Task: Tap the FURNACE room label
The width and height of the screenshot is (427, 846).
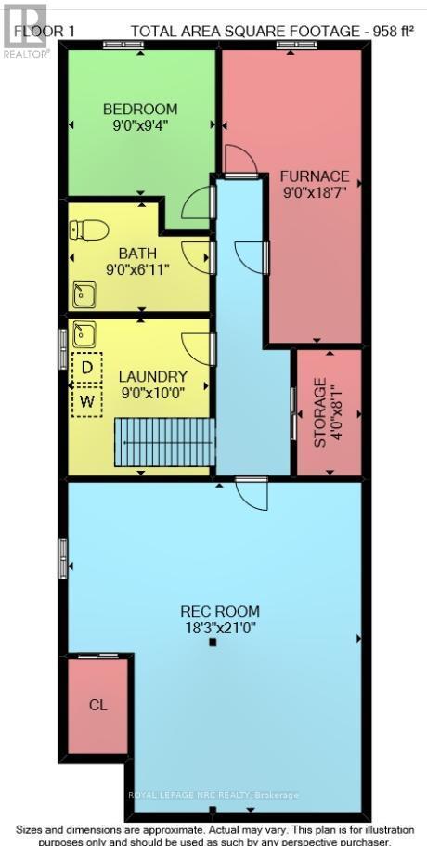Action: point(316,176)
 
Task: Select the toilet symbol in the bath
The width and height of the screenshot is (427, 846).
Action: point(89,229)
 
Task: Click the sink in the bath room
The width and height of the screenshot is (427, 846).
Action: point(84,294)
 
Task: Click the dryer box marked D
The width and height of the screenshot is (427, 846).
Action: point(87,367)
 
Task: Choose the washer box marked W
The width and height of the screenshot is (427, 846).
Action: point(87,401)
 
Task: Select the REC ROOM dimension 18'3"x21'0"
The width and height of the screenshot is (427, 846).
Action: point(220,628)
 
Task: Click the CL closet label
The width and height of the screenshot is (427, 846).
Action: point(97,705)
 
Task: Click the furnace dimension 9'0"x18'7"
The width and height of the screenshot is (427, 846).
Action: point(316,192)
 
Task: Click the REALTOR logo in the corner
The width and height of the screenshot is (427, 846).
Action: point(23,28)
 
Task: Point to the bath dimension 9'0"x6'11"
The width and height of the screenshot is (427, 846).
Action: point(137,269)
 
